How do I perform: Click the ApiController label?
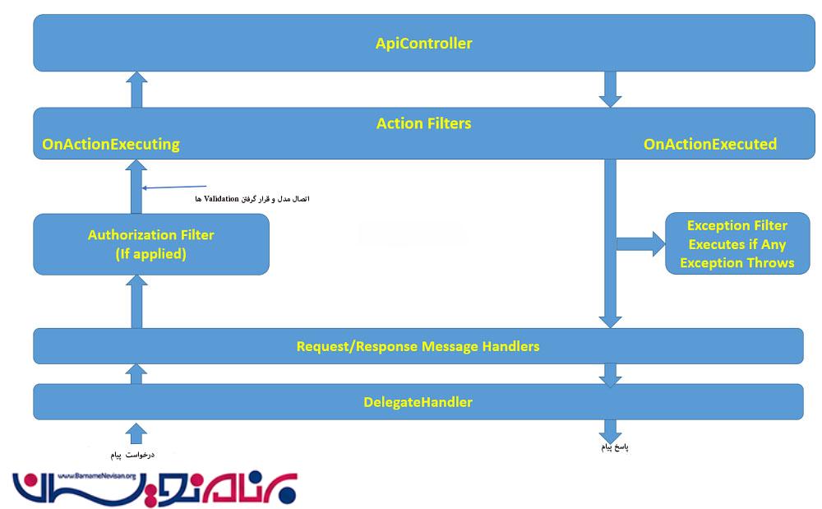(423, 44)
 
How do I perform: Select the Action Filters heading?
(423, 123)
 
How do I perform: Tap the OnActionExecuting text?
(111, 145)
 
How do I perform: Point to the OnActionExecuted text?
(709, 145)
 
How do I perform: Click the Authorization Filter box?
(151, 244)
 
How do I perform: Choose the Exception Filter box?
(737, 244)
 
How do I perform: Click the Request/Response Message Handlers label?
(418, 346)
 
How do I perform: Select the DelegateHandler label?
(418, 402)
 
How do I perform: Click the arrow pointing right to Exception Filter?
(641, 243)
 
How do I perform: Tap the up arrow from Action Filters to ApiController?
(137, 90)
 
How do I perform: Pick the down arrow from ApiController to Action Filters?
(609, 90)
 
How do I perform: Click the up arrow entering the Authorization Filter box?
(137, 301)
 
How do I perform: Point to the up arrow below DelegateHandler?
(137, 433)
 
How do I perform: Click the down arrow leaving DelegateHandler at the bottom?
(609, 431)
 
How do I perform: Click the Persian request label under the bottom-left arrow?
(133, 454)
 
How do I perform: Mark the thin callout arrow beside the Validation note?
(173, 187)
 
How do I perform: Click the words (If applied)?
(151, 255)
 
